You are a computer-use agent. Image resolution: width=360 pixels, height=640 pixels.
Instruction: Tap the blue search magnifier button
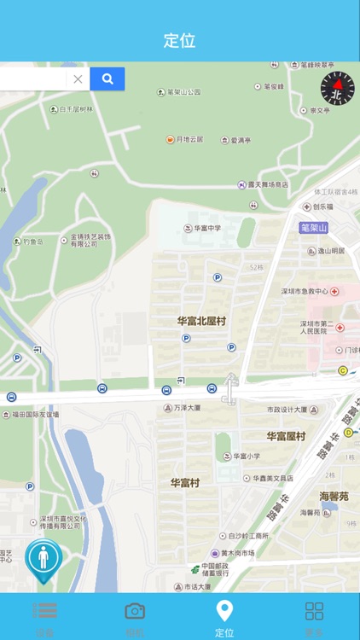tap(107, 79)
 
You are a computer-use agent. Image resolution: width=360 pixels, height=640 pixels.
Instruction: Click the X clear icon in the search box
tap(78, 79)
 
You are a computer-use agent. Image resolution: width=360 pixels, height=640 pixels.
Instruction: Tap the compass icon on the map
tap(337, 89)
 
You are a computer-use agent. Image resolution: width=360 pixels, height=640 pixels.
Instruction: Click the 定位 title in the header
tap(180, 40)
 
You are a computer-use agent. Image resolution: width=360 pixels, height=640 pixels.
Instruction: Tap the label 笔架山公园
tap(183, 92)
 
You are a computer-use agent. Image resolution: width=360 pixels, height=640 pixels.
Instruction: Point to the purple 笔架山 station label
tap(314, 227)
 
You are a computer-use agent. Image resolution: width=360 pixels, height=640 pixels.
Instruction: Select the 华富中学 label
tap(207, 228)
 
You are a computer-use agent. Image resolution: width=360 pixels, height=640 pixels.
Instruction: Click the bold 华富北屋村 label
tap(200, 321)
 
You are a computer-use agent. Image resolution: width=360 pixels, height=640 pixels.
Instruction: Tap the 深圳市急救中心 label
tap(305, 291)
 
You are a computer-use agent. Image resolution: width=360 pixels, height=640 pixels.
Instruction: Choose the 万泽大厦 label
tap(187, 408)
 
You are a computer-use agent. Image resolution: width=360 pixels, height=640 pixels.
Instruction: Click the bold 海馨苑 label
tap(334, 496)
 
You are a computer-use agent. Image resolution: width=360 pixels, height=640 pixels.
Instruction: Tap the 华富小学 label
tap(247, 457)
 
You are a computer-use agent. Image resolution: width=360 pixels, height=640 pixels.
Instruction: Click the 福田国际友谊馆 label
tap(35, 414)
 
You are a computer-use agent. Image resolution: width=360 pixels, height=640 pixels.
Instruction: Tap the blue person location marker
tap(43, 557)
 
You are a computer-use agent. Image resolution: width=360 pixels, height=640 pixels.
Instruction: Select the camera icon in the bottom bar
tap(135, 611)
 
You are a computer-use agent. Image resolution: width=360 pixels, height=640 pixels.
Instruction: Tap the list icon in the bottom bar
tap(45, 611)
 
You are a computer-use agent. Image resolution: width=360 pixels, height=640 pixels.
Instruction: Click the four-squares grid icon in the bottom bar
tap(315, 611)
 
